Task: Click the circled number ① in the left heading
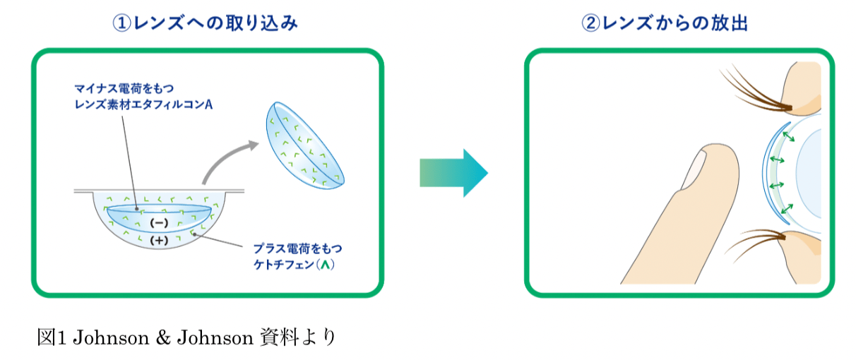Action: pyautogui.click(x=122, y=23)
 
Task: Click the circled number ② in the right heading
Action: pyautogui.click(x=590, y=23)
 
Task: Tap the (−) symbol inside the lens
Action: pyautogui.click(x=159, y=222)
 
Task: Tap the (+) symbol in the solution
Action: pyautogui.click(x=159, y=240)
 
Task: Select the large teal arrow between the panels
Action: pyautogui.click(x=453, y=173)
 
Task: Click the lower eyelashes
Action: pyautogui.click(x=755, y=244)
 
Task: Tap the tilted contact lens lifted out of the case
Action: pyautogui.click(x=304, y=145)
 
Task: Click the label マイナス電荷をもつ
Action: pyautogui.click(x=124, y=88)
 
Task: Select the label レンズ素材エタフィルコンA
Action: pyautogui.click(x=143, y=104)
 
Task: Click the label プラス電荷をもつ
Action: pyautogui.click(x=297, y=248)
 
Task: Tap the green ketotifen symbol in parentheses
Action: pyautogui.click(x=325, y=265)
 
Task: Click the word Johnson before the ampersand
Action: pyautogui.click(x=111, y=338)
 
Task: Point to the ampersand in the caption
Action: pyautogui.click(x=163, y=338)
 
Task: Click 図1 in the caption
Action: pyautogui.click(x=52, y=338)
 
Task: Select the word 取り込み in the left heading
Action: pyautogui.click(x=261, y=23)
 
